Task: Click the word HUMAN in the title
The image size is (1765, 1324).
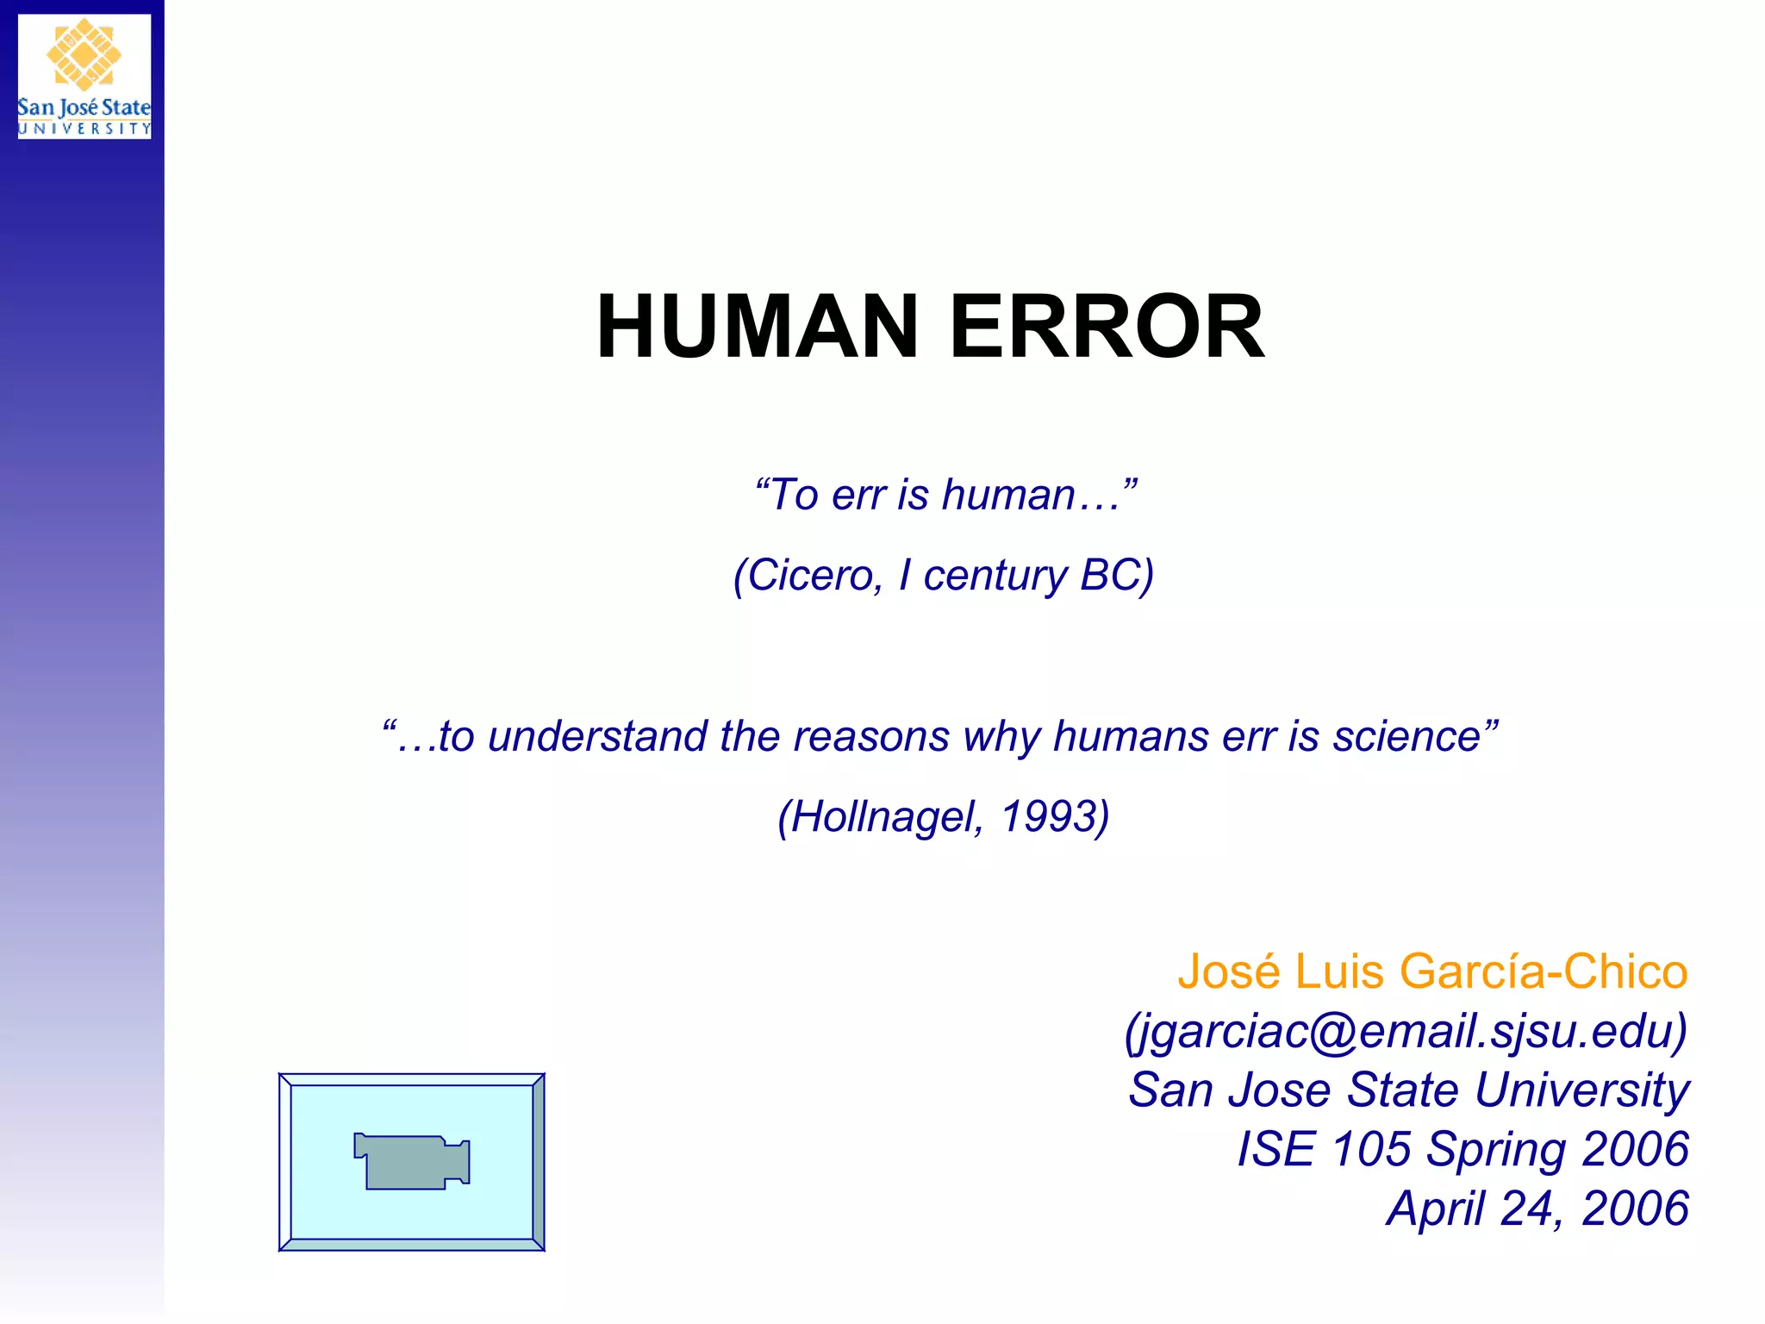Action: coord(757,327)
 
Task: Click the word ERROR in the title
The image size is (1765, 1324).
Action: coord(1107,327)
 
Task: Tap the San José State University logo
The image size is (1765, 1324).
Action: coord(84,76)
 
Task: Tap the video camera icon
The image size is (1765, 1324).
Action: coord(412,1161)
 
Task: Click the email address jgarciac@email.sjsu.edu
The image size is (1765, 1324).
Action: coord(1406,1030)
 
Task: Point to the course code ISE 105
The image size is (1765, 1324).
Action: coord(1324,1149)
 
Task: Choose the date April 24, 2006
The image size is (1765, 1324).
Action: coord(1537,1208)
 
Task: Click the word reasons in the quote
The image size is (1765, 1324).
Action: coord(870,736)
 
